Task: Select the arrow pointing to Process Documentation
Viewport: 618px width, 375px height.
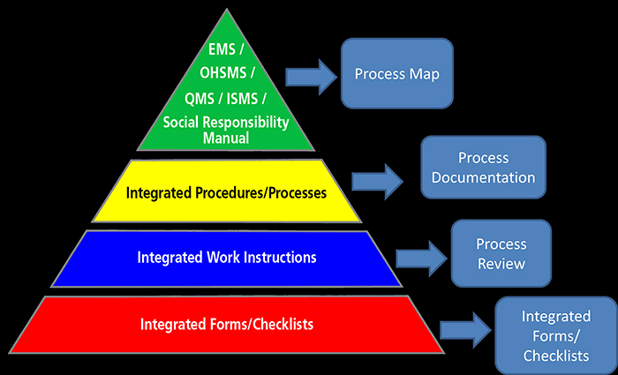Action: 378,181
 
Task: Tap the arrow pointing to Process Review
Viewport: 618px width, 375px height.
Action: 420,259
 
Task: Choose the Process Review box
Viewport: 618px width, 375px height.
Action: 501,253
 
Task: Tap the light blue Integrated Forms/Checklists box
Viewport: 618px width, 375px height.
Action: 556,335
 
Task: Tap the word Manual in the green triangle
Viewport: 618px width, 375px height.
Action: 224,139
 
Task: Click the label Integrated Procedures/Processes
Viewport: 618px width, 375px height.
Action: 226,191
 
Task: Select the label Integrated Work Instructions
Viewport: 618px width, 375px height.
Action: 226,259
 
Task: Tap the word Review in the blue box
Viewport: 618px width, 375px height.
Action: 501,264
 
